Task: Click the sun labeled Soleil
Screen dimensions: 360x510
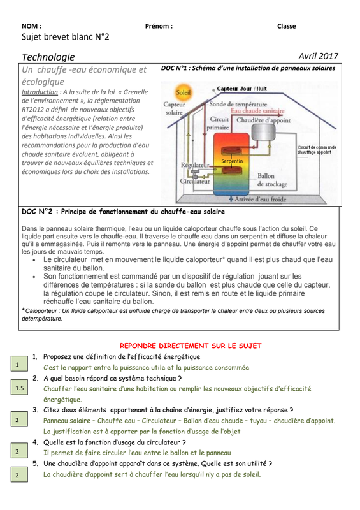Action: point(183,92)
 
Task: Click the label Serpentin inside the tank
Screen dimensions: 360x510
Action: point(232,161)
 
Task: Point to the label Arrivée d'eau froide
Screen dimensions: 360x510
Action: point(260,199)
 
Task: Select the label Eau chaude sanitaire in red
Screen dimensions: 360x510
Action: point(257,111)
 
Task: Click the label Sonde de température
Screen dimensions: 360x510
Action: point(238,104)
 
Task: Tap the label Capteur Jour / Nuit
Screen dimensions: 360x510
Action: point(241,89)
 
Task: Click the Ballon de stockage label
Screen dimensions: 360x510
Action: point(272,180)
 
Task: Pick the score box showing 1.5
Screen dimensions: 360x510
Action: point(19,388)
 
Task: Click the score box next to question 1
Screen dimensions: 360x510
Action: point(19,364)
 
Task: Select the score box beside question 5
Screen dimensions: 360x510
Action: point(19,475)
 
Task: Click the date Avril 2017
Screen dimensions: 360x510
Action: point(319,56)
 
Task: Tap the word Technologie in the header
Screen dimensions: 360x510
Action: point(48,57)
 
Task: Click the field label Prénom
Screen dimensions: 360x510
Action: point(159,26)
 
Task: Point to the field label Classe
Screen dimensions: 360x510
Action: point(287,26)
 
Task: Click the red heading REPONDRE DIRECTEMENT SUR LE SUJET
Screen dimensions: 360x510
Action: point(191,346)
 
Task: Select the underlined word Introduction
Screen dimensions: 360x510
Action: point(40,92)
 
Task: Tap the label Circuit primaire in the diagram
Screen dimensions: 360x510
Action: point(218,123)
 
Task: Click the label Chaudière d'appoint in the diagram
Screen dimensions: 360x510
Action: point(263,120)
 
